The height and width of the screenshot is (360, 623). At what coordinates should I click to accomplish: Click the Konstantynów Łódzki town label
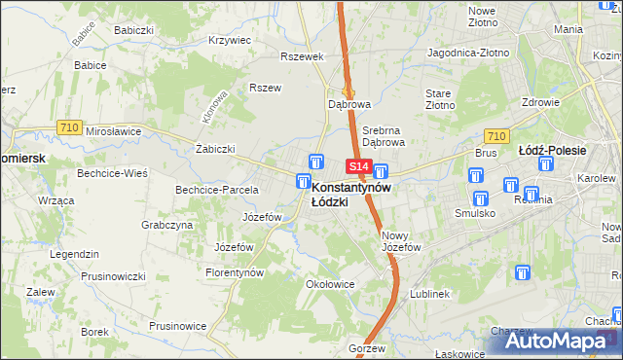pyautogui.click(x=350, y=194)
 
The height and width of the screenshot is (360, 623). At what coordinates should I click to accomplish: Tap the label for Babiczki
pyautogui.click(x=134, y=30)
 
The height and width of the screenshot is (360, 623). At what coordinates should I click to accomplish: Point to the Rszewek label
pyautogui.click(x=300, y=56)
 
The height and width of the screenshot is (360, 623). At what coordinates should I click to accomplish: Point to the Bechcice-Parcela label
pyautogui.click(x=216, y=190)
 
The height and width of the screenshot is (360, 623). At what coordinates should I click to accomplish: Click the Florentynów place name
pyautogui.click(x=235, y=272)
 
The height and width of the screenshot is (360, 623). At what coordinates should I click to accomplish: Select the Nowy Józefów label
pyautogui.click(x=401, y=241)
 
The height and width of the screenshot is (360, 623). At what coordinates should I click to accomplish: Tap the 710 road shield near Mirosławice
pyautogui.click(x=68, y=126)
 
